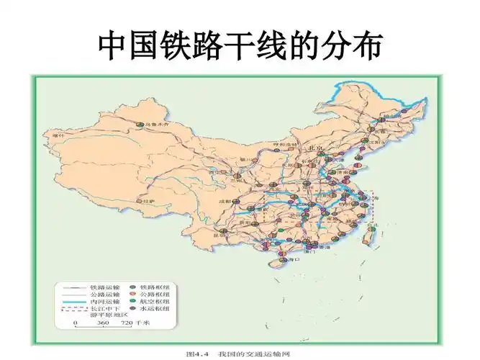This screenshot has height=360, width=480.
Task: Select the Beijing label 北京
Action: pos(316,147)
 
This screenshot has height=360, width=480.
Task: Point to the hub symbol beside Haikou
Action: pos(281,260)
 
